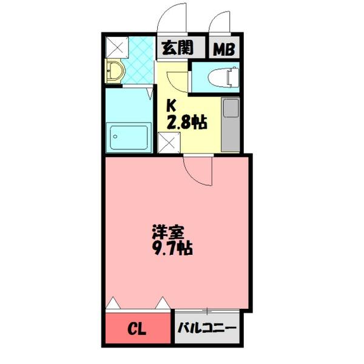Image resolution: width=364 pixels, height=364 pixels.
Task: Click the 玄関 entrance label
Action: [173, 48]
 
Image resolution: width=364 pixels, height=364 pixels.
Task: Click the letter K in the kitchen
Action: [171, 104]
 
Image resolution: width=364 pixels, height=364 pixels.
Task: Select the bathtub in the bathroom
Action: [128, 138]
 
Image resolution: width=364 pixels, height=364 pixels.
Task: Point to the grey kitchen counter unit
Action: [231, 124]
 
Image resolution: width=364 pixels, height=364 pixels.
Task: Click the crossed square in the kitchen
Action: [167, 144]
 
